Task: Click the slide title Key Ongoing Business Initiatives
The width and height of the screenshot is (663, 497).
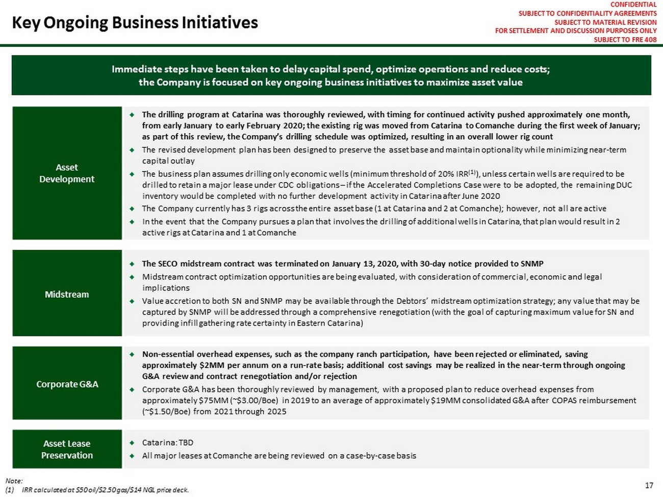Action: coord(135,23)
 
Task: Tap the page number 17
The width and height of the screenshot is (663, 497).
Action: coord(649,485)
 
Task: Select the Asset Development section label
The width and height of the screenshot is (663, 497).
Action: coord(67,173)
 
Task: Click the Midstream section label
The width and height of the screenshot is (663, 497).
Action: coord(67,294)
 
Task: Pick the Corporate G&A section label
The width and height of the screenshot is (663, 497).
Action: coord(67,384)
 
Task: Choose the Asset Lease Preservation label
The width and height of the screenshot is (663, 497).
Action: coord(67,449)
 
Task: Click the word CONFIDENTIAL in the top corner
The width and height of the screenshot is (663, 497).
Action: coord(633,5)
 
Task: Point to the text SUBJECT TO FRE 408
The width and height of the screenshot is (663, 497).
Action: coord(625,39)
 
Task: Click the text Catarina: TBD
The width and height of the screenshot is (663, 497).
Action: coord(167,442)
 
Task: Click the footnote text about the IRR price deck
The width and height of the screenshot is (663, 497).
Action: coord(106,490)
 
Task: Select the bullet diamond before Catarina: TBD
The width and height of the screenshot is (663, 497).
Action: coord(132,442)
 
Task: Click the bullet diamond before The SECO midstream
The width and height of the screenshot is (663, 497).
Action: coord(132,264)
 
